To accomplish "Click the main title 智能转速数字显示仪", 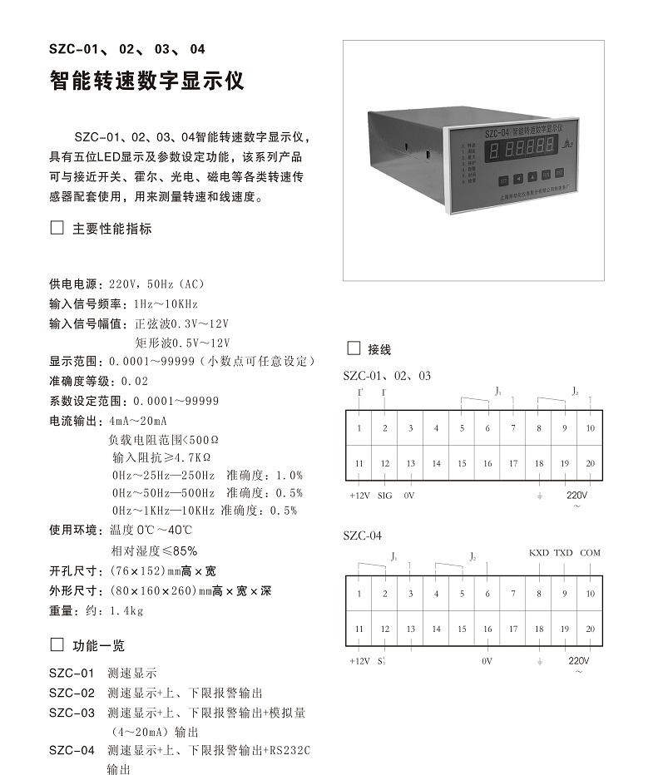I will point(146,81).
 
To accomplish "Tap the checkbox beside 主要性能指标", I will point(57,228).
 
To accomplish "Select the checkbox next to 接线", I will point(353,348).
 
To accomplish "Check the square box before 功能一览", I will point(57,644).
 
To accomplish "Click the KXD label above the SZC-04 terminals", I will point(539,553).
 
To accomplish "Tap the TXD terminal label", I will point(564,553).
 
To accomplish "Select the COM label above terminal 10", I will point(590,553).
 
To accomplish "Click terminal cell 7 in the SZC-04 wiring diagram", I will point(513,594).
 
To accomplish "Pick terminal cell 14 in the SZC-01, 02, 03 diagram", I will point(436,463).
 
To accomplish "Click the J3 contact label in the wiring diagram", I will point(497,390).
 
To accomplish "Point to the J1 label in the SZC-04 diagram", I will point(394,556).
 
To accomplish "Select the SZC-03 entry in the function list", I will point(72,713).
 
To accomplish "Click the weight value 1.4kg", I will point(126,611).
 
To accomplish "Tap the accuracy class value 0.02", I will point(134,381).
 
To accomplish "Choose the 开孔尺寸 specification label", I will point(72,571).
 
